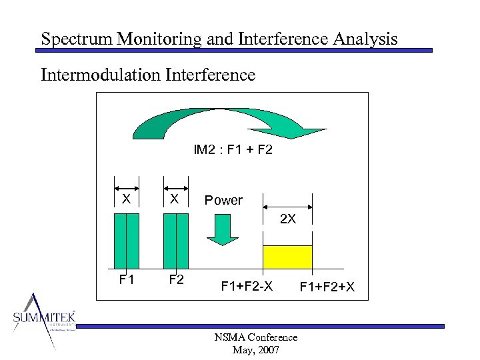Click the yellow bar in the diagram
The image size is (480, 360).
287,257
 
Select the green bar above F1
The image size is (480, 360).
127,240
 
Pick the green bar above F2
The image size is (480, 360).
175,240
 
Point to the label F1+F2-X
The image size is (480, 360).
247,287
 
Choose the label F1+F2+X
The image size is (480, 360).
327,287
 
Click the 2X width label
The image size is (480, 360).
288,219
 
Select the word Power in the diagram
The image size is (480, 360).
223,200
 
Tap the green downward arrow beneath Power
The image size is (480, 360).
222,230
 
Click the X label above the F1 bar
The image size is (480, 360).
126,199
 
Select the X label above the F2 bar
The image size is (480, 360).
174,199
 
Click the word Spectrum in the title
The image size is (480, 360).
76,39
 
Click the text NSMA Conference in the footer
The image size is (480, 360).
255,337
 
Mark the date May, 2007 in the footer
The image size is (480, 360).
255,350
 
